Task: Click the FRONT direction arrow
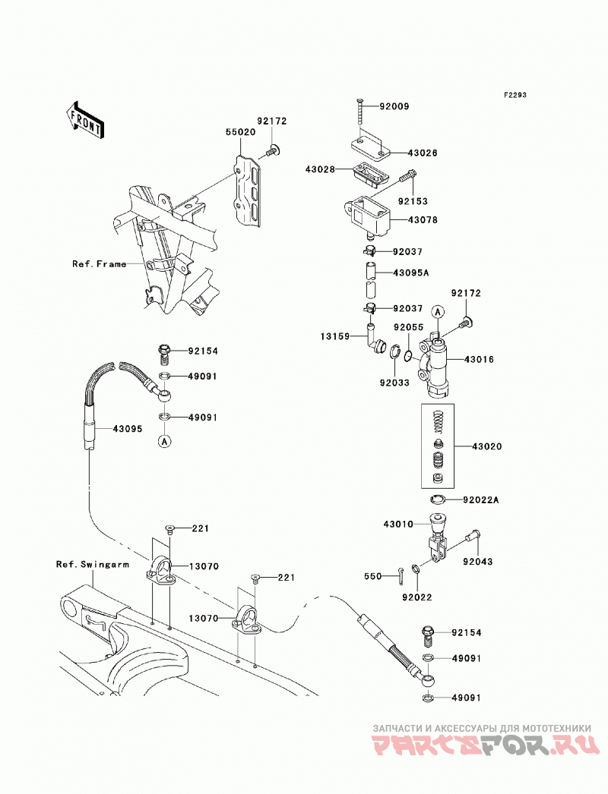click(x=85, y=119)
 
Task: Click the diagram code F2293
click(x=515, y=95)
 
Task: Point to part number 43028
click(x=320, y=169)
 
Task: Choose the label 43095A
click(x=410, y=273)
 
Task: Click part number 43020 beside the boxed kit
click(x=487, y=446)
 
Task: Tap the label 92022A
click(x=481, y=500)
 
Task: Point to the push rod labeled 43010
click(x=437, y=539)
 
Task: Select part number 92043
click(x=477, y=562)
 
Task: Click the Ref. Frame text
click(x=99, y=264)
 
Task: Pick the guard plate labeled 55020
click(x=248, y=189)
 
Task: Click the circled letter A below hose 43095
click(x=164, y=441)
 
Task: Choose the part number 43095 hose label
click(x=127, y=429)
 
